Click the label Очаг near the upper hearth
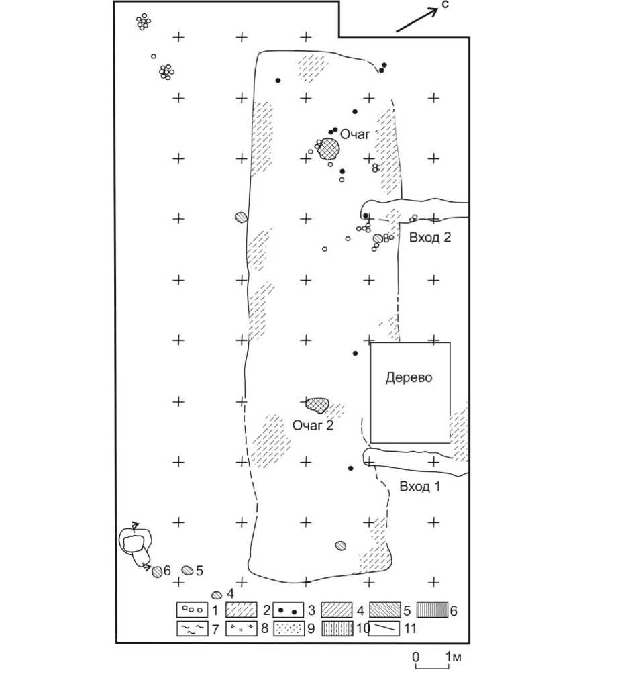(355, 134)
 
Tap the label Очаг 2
(313, 424)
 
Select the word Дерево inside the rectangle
(409, 377)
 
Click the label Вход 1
(419, 486)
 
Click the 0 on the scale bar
(416, 655)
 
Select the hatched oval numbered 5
(188, 571)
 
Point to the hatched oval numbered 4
(217, 595)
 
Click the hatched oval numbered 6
(157, 571)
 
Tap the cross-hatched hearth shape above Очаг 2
(317, 404)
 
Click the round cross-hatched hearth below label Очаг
(328, 149)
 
